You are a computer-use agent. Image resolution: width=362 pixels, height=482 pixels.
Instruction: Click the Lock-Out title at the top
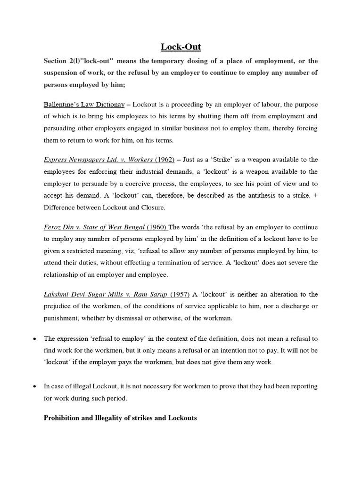pyautogui.click(x=181, y=46)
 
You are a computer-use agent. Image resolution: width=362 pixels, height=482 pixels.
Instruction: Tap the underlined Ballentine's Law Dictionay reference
pyautogui.click(x=84, y=103)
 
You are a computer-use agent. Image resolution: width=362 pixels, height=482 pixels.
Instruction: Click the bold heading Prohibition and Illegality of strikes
pyautogui.click(x=120, y=418)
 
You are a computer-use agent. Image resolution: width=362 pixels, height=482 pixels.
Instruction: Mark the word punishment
pyautogui.click(x=61, y=318)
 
